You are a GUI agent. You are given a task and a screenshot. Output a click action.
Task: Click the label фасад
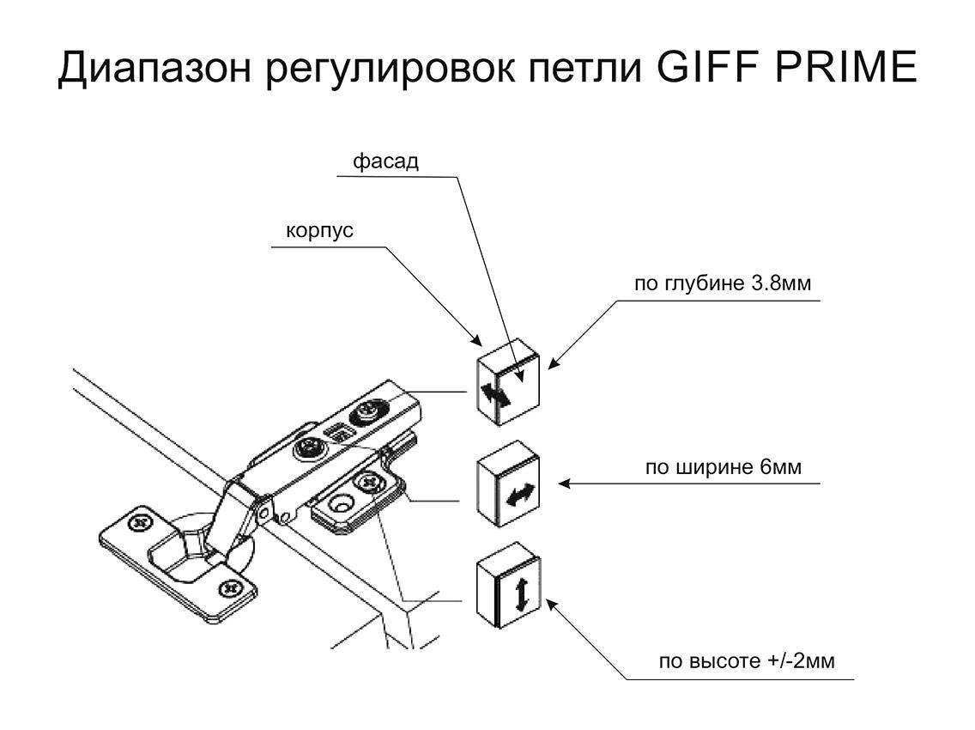tap(386, 161)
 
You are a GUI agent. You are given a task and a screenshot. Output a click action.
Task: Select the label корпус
tap(319, 232)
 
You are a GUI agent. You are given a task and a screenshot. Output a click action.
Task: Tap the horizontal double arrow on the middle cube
tap(520, 495)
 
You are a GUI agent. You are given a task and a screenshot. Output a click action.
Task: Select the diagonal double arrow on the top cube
tap(495, 395)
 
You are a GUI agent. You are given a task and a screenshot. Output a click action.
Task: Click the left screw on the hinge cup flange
tap(138, 522)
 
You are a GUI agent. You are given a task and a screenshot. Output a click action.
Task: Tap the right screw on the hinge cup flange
tap(230, 589)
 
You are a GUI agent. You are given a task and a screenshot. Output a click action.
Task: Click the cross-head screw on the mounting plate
tap(371, 484)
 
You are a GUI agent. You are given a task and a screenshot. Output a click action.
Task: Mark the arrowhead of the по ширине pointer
tap(562, 484)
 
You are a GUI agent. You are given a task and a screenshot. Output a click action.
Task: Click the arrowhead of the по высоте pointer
tap(549, 604)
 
